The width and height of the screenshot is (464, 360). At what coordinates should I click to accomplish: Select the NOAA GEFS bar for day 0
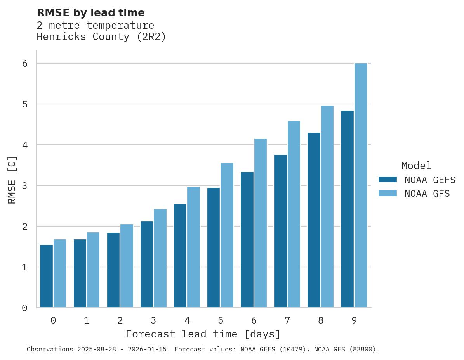(x=47, y=276)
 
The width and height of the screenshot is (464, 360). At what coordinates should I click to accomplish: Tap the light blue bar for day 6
(x=261, y=223)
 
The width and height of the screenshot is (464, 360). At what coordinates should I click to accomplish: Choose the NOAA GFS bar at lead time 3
(x=160, y=258)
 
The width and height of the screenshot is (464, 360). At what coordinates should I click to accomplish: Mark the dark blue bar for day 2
(x=113, y=270)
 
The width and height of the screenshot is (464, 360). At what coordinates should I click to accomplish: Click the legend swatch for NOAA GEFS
(x=388, y=180)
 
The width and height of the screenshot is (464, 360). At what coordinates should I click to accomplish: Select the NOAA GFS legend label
(x=427, y=194)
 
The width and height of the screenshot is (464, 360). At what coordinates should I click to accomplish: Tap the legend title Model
(x=416, y=166)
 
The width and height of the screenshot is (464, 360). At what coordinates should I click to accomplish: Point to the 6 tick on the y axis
(x=25, y=63)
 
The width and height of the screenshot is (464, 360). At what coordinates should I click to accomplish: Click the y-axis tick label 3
(x=25, y=186)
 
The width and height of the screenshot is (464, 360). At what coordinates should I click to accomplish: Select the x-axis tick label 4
(x=187, y=321)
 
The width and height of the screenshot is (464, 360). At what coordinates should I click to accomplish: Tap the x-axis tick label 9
(x=354, y=321)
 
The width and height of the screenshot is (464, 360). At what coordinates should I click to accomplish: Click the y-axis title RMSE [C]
(x=12, y=180)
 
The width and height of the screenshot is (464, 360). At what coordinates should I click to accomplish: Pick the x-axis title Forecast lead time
(x=203, y=334)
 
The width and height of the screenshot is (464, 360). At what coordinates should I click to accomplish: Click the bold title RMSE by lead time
(x=90, y=13)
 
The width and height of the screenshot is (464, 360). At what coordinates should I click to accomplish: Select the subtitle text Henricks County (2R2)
(x=101, y=37)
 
